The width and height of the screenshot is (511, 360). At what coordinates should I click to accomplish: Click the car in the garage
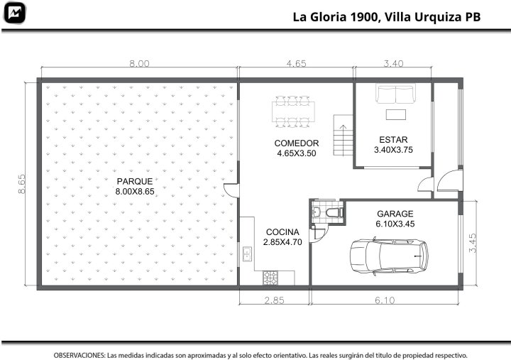[389, 256]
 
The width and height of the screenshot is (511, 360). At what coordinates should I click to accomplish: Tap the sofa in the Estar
[395, 93]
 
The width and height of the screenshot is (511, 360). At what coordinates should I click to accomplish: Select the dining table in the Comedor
[293, 111]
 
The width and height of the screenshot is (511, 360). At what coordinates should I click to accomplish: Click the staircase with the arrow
[344, 135]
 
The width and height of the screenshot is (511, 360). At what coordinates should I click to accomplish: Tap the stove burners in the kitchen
[270, 278]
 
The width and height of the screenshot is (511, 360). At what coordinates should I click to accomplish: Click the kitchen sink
[247, 254]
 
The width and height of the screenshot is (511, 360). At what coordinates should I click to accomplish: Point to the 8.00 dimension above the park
[140, 63]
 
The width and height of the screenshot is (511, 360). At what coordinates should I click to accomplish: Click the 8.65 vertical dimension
[21, 184]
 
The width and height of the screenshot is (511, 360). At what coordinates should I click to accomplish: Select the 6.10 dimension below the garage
[385, 300]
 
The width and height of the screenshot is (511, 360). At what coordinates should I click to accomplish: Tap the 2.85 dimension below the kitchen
[275, 300]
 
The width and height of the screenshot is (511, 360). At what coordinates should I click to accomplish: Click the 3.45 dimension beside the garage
[473, 243]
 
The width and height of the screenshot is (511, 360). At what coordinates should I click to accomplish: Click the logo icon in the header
[14, 13]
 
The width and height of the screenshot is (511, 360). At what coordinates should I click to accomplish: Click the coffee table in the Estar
[396, 115]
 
